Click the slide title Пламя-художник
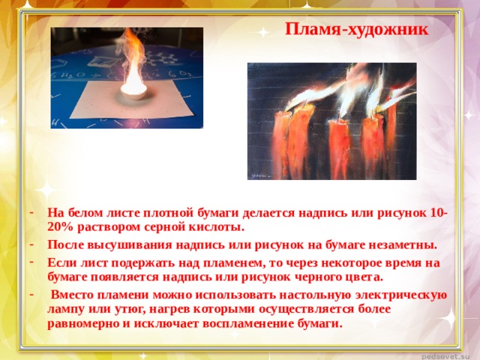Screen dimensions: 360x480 357,29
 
